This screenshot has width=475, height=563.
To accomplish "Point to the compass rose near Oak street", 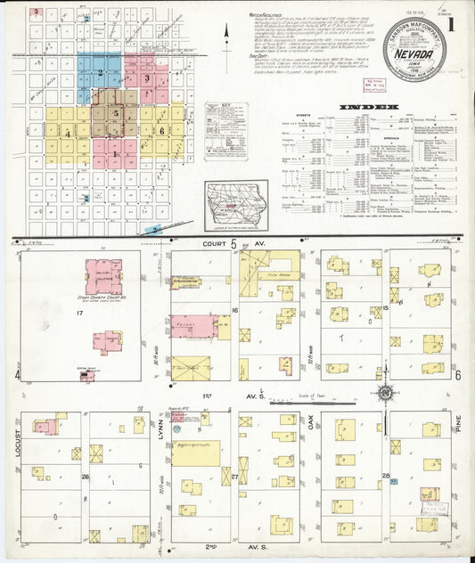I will [x=385, y=393].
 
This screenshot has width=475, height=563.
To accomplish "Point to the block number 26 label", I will [x=86, y=477].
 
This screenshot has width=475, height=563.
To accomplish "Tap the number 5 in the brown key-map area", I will [x=116, y=113].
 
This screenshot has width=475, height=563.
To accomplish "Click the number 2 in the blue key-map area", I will [x=100, y=72].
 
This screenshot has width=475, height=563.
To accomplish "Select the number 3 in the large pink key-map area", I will [x=147, y=79].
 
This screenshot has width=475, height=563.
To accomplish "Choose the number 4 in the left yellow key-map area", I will [x=68, y=133].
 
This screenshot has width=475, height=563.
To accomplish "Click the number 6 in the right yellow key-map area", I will [x=162, y=130].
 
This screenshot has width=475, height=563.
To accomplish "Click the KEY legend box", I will [x=226, y=120].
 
